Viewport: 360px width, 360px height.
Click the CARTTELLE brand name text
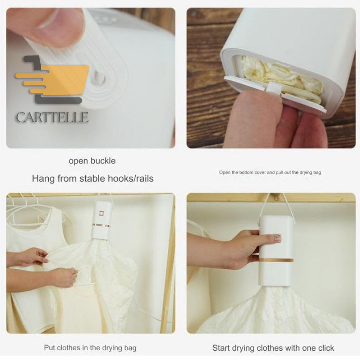click(52, 117)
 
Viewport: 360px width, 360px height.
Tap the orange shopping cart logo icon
click(52, 80)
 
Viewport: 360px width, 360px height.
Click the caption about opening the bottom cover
click(270, 172)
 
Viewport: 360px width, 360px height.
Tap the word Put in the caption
click(49, 348)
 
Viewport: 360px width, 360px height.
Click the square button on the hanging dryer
click(101, 213)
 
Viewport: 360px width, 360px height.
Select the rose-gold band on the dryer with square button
click(101, 225)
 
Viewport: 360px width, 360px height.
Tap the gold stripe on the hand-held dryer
click(276, 260)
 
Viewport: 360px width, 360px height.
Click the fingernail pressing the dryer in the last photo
click(278, 238)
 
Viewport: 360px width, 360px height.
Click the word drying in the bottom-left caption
click(112, 348)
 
